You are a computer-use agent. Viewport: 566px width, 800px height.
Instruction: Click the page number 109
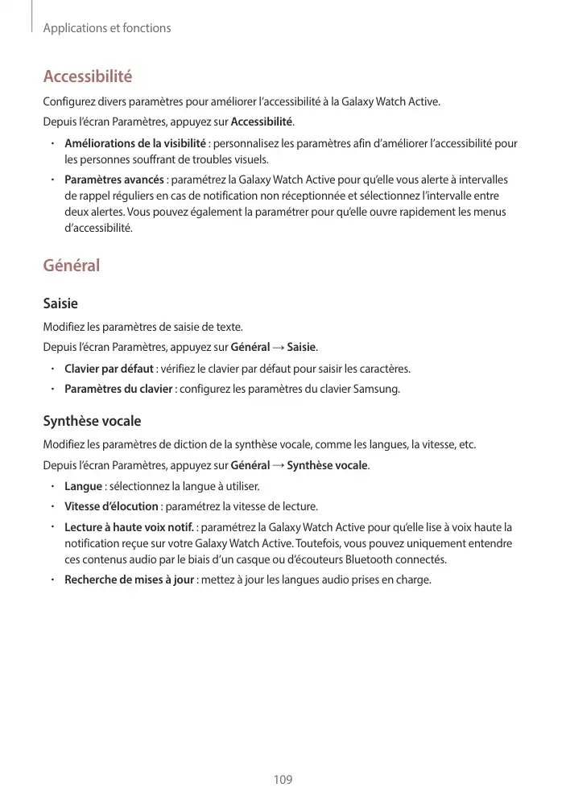click(283, 779)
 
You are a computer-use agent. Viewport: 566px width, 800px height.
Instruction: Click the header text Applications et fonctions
click(107, 28)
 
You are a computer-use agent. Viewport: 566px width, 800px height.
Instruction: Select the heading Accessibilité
click(87, 77)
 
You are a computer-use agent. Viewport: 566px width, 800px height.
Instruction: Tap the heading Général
click(71, 265)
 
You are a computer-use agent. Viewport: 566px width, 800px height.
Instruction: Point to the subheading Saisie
click(60, 304)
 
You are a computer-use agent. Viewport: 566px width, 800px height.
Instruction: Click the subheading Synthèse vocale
click(91, 421)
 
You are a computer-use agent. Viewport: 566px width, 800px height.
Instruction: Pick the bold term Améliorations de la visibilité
click(135, 143)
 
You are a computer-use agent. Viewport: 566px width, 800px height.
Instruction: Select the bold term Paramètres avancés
click(114, 179)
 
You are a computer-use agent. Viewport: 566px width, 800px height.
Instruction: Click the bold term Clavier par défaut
click(109, 369)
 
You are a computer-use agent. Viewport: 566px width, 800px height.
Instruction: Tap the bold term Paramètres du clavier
click(118, 390)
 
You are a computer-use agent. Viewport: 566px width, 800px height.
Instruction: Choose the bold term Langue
click(83, 486)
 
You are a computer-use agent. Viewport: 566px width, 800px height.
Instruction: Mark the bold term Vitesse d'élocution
click(111, 506)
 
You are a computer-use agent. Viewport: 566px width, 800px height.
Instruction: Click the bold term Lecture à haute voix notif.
click(129, 527)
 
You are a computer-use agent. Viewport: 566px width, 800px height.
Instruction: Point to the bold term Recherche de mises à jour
click(129, 579)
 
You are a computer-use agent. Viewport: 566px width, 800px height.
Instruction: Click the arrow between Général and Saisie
click(278, 348)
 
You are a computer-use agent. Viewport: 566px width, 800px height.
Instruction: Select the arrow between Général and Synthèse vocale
click(278, 465)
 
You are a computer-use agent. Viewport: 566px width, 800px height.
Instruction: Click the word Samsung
click(378, 390)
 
